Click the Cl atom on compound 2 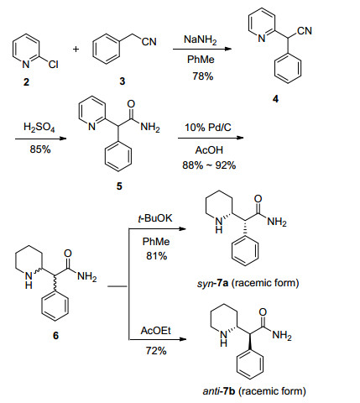(x=53, y=65)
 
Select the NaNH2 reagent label (x=201, y=39)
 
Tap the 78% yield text (x=203, y=76)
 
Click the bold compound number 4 (x=275, y=98)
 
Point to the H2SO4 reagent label (x=39, y=128)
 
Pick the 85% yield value (x=40, y=149)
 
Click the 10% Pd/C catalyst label (x=208, y=128)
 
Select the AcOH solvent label (x=209, y=150)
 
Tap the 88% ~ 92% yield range (x=209, y=165)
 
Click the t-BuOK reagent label (x=155, y=218)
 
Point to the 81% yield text (x=157, y=256)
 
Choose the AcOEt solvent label (x=155, y=331)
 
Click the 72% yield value (x=156, y=350)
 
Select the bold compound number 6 (x=56, y=335)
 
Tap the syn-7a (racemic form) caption (x=248, y=283)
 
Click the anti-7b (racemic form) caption (x=254, y=390)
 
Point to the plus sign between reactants (x=76, y=50)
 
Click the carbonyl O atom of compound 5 (x=131, y=104)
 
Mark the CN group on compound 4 (x=305, y=31)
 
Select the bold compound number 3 (x=123, y=81)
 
